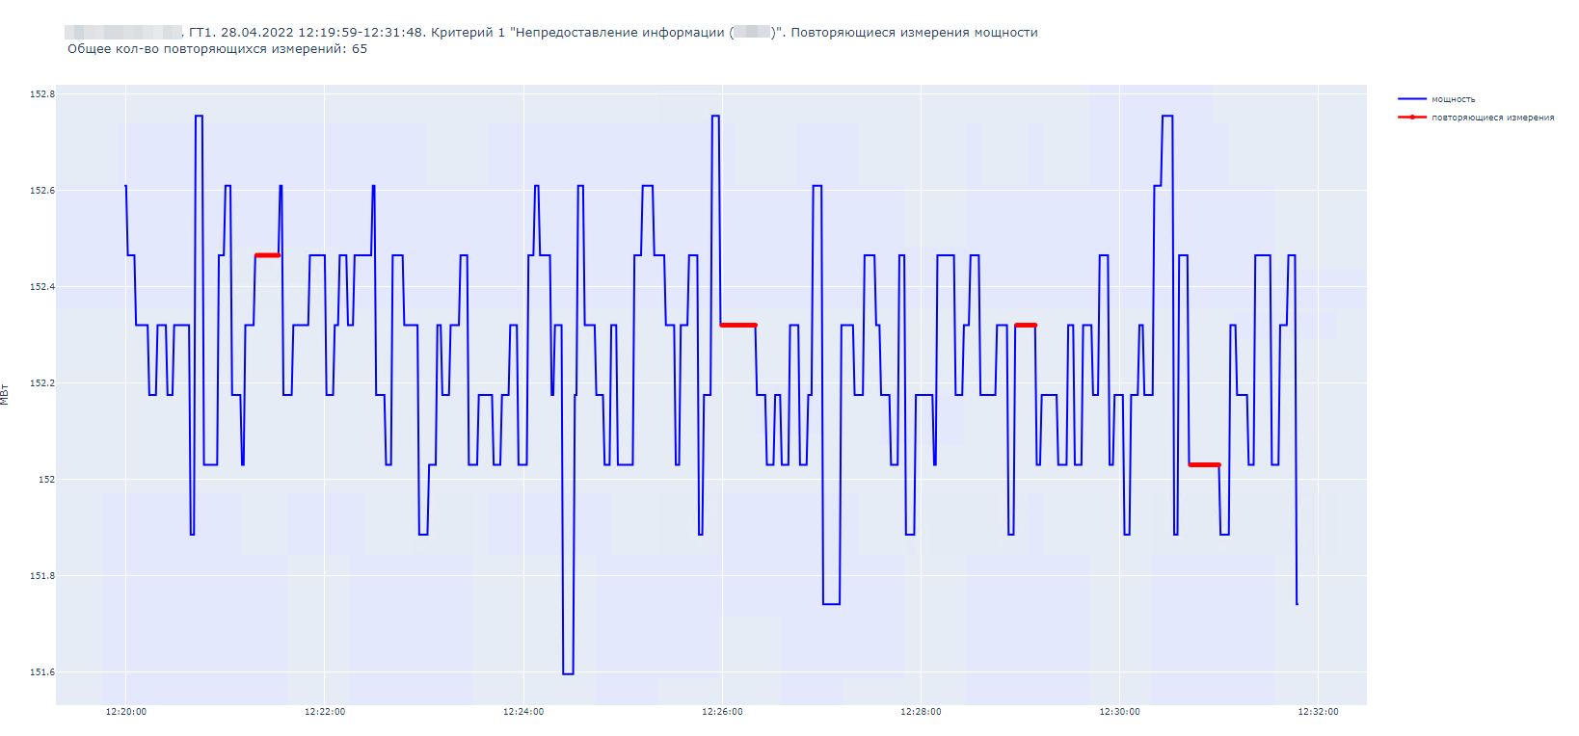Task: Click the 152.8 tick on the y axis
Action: tap(41, 94)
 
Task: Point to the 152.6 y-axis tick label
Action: tap(41, 191)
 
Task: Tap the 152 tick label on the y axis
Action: tap(46, 480)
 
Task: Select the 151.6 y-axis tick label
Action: tap(41, 672)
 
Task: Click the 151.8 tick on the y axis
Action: tap(41, 576)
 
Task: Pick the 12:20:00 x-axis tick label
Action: tap(126, 712)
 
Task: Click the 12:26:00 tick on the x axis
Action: tap(722, 712)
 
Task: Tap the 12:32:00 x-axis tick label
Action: tap(1318, 712)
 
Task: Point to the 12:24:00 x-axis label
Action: tap(523, 712)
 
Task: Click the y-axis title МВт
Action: tap(5, 394)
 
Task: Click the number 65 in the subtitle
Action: tap(360, 49)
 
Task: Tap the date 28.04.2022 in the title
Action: tap(257, 33)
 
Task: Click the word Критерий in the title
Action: tap(463, 33)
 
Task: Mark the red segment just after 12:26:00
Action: tap(738, 326)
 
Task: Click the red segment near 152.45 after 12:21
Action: tap(267, 255)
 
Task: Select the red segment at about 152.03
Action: tap(1204, 465)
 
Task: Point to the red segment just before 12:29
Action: tap(1026, 326)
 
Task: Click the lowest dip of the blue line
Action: tap(568, 673)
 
